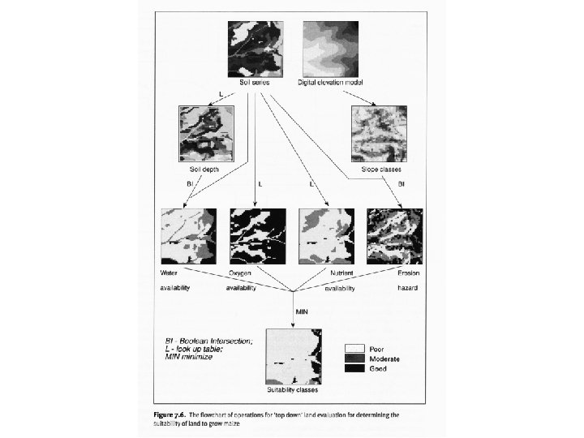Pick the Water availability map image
(x=189, y=235)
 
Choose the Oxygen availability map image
(x=258, y=235)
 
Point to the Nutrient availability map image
(x=327, y=235)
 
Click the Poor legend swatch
(x=354, y=346)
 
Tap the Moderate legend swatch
(x=354, y=357)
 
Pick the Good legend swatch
(x=354, y=368)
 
